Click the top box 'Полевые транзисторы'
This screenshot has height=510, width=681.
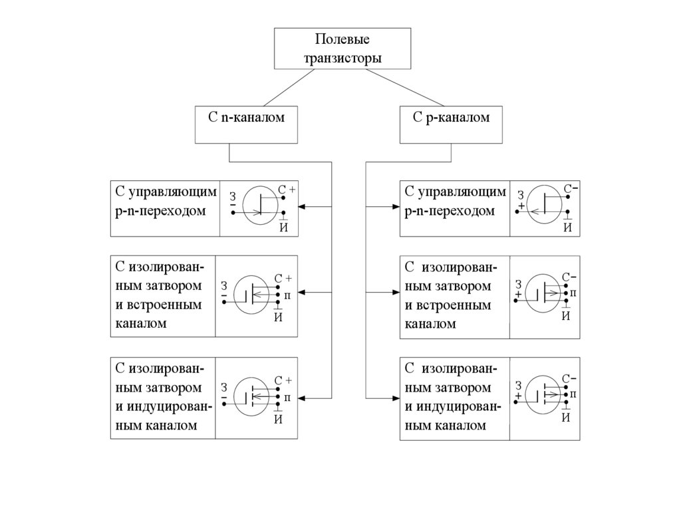click(x=342, y=49)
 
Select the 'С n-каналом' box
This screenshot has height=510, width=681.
click(x=245, y=124)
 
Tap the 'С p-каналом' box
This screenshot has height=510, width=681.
click(x=451, y=124)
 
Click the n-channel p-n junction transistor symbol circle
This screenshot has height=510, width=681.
click(x=261, y=205)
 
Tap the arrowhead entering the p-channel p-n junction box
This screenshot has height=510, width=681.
click(x=395, y=207)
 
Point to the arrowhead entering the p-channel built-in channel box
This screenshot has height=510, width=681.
click(x=395, y=292)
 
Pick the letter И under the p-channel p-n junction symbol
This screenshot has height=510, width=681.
click(x=568, y=227)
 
